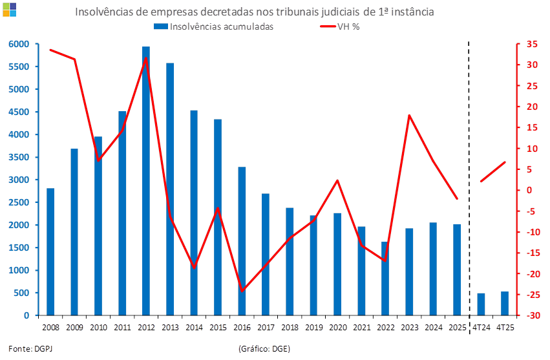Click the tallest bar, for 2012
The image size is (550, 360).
(145, 181)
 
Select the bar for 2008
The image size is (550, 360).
(50, 251)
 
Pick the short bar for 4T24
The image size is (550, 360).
(481, 304)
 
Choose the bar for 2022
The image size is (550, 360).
(385, 279)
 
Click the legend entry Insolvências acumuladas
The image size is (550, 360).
(214, 26)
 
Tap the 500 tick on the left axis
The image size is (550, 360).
(21, 293)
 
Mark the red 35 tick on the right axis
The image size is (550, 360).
(531, 44)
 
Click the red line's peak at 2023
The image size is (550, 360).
(409, 115)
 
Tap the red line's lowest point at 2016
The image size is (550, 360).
(242, 291)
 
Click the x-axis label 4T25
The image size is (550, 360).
(504, 328)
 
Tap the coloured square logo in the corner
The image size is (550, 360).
(9, 8)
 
